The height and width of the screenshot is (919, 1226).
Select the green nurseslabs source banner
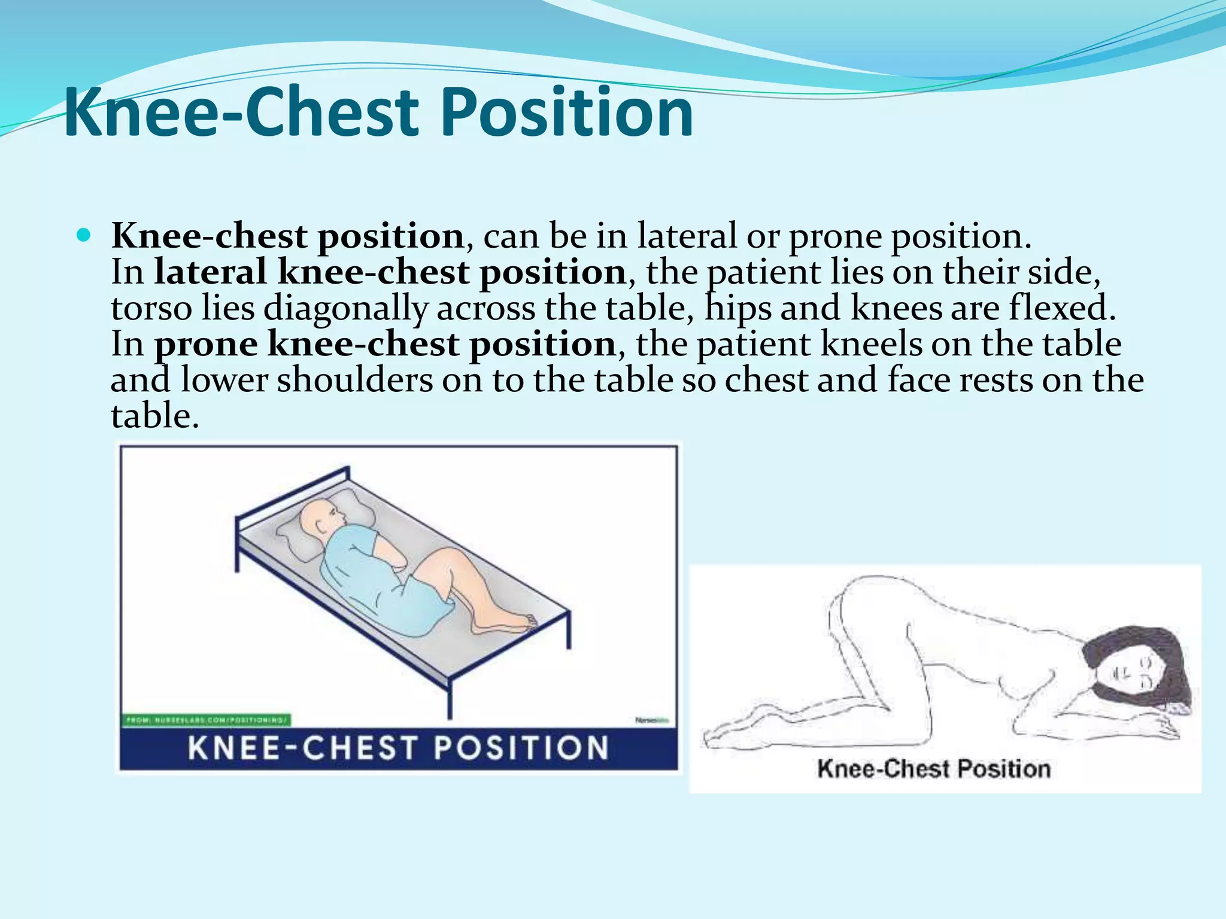click(207, 720)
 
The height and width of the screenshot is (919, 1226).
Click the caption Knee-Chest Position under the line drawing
click(934, 769)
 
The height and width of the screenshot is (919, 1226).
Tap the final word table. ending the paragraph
click(154, 416)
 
